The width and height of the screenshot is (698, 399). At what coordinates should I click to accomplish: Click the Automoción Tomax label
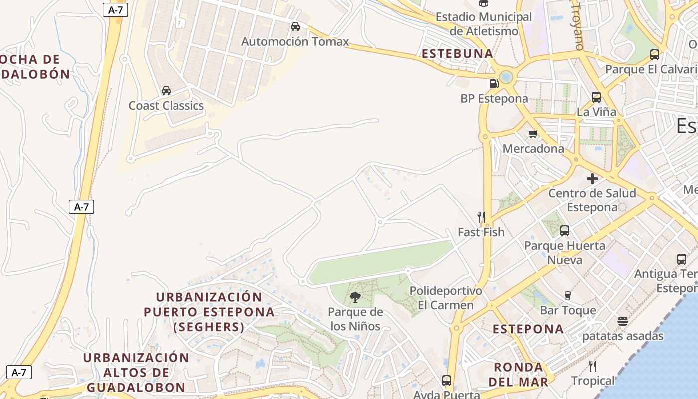click(295, 41)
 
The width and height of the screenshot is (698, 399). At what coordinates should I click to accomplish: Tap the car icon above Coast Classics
click(166, 91)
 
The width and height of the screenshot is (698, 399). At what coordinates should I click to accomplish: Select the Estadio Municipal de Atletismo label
click(484, 24)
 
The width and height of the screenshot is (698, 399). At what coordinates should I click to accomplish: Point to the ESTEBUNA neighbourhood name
click(457, 54)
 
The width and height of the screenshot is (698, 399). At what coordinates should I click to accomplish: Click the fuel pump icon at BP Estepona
click(494, 84)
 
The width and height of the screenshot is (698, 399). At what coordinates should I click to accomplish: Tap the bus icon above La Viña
click(596, 97)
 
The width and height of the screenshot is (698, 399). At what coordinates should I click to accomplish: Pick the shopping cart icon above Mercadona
click(533, 134)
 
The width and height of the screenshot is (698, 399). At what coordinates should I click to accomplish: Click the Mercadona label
click(533, 148)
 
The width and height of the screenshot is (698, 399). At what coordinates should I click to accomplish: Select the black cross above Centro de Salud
click(592, 179)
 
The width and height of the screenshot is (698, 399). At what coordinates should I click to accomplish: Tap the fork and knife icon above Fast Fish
click(481, 217)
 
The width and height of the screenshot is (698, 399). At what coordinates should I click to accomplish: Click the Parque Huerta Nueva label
click(565, 252)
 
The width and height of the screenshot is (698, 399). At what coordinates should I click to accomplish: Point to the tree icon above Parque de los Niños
click(355, 298)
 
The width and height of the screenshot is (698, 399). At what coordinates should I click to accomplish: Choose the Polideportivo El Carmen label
click(446, 298)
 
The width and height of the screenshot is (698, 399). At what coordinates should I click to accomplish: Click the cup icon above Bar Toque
click(567, 296)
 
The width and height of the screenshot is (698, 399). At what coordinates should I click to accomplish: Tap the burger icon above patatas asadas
click(622, 321)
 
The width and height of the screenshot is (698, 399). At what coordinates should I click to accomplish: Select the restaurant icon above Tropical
click(593, 366)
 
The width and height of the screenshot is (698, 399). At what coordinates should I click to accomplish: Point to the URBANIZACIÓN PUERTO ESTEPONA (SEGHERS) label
click(209, 312)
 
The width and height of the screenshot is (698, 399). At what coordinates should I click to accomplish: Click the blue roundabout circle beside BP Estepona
click(506, 77)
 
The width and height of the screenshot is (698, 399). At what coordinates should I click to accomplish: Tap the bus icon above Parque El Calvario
click(655, 55)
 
